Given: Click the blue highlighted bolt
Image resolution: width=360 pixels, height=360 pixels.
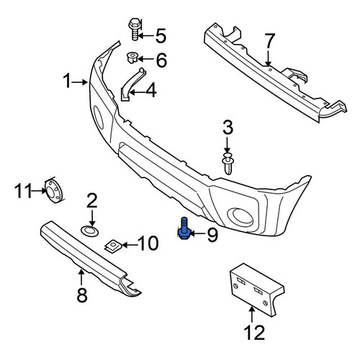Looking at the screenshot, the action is [x=184, y=228].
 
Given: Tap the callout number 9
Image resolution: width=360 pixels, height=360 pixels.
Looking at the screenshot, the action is [x=212, y=235].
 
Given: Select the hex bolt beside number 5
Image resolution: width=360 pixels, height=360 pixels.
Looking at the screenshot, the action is [x=135, y=29].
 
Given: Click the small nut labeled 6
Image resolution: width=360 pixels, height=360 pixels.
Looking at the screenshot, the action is [x=132, y=58].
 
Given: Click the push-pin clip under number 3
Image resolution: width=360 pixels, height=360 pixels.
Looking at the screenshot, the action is [x=228, y=163].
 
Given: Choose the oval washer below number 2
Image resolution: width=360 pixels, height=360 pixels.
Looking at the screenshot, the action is [x=89, y=231].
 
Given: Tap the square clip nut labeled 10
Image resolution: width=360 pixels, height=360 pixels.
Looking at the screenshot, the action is [x=113, y=246].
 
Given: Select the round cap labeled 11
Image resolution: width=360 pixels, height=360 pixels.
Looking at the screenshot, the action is [x=53, y=191].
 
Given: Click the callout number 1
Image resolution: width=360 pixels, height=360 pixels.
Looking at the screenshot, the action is [x=68, y=81].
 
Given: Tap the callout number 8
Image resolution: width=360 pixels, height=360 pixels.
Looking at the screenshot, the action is [x=82, y=295].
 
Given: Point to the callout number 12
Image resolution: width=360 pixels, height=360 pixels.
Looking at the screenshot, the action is [x=254, y=333].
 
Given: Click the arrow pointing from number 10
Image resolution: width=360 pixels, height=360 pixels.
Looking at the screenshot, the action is [x=130, y=246].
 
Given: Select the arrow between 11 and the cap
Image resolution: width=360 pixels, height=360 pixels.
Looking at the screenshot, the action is [x=39, y=191].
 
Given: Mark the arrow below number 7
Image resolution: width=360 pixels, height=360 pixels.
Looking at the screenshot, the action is [x=268, y=57].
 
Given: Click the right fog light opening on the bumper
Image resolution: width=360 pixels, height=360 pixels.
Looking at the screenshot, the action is [x=240, y=217].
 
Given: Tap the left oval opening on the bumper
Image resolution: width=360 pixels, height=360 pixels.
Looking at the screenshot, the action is [x=99, y=117].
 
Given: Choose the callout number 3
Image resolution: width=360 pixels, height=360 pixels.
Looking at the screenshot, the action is [x=228, y=127].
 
